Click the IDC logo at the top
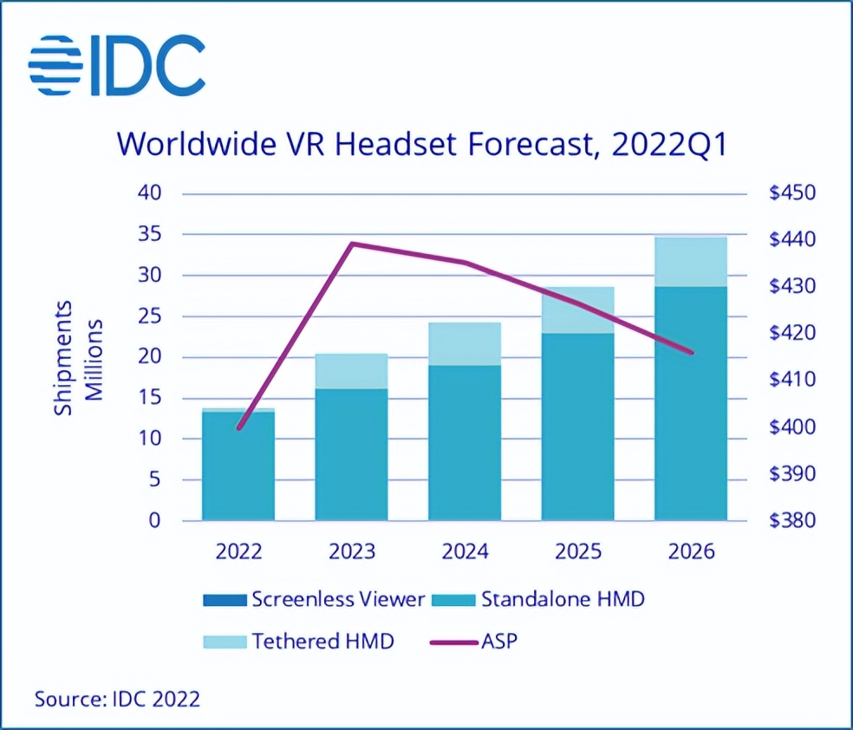pyautogui.click(x=117, y=66)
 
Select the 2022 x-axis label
pyautogui.click(x=238, y=552)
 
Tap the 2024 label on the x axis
pyautogui.click(x=464, y=552)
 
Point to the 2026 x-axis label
pyautogui.click(x=690, y=552)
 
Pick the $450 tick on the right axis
pyautogui.click(x=792, y=192)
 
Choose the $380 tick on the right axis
pyautogui.click(x=792, y=521)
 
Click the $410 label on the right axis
pyautogui.click(x=792, y=380)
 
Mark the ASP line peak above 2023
pyautogui.click(x=352, y=244)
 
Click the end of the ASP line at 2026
pyautogui.click(x=692, y=352)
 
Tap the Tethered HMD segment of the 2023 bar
pyautogui.click(x=351, y=371)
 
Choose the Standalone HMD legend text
pyautogui.click(x=563, y=599)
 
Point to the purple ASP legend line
pyautogui.click(x=453, y=642)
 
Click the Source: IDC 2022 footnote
pyautogui.click(x=117, y=698)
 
